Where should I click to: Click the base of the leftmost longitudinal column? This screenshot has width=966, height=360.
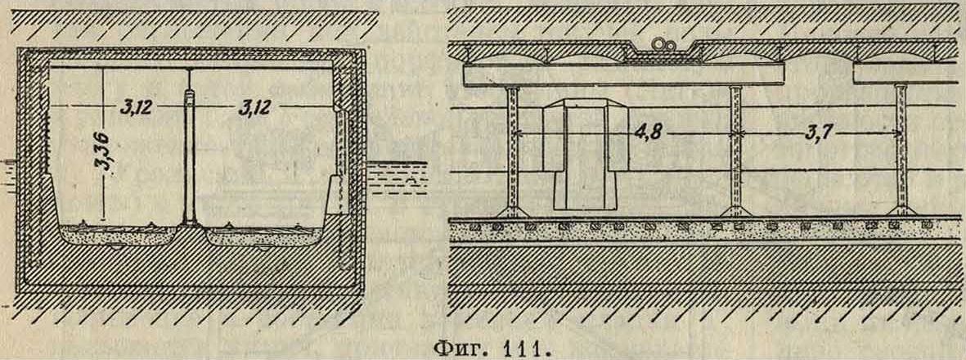tap(513, 211)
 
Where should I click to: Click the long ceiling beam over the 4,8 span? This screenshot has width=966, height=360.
tap(623, 74)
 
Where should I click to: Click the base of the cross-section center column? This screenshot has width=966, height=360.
tap(190, 221)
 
